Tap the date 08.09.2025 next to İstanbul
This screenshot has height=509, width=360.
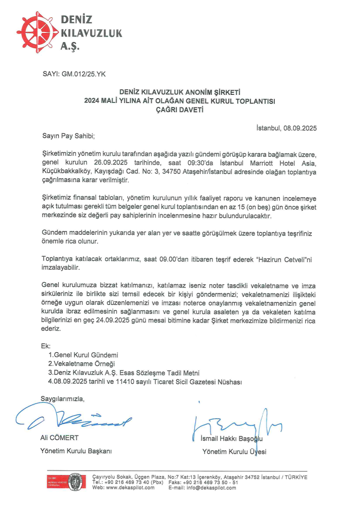pos(300,128)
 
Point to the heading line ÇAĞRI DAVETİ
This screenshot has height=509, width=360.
pos(179,110)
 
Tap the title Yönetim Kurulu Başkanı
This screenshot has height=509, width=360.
pos(76,451)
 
